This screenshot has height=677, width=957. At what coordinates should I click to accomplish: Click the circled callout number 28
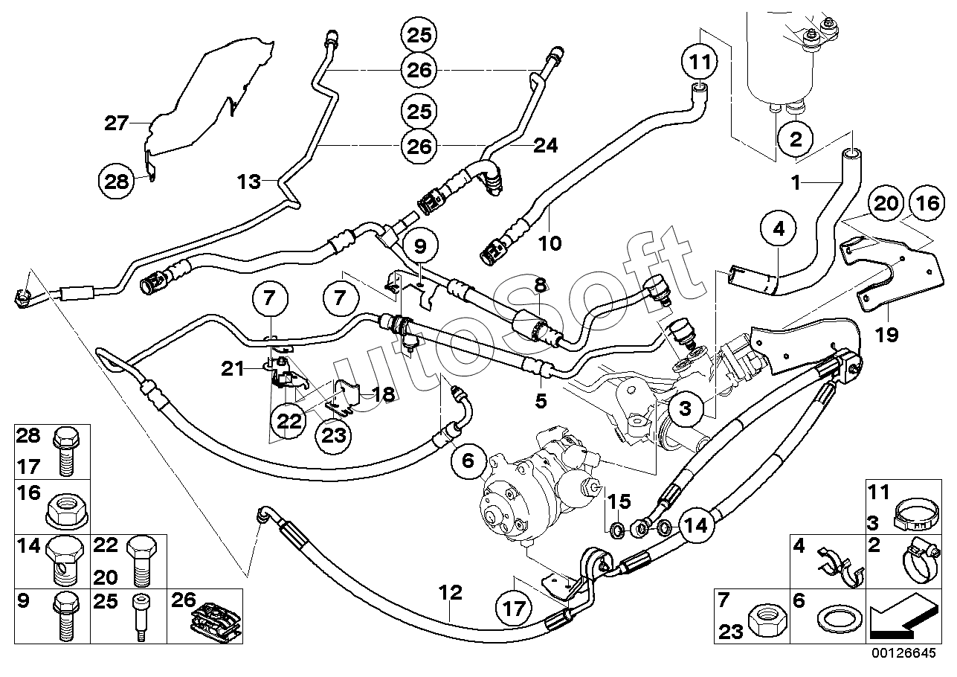(x=116, y=182)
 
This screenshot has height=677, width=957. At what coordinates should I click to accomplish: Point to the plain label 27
(x=116, y=123)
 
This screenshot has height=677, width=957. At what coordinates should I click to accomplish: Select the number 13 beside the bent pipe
(x=248, y=182)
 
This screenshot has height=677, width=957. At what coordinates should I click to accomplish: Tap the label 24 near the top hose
(x=546, y=146)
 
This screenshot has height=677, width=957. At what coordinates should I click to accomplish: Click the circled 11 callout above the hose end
(x=700, y=62)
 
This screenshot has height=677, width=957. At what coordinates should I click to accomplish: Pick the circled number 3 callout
(x=685, y=408)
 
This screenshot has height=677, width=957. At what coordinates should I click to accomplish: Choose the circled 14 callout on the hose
(x=697, y=525)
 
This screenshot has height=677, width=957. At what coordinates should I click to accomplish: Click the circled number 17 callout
(x=514, y=609)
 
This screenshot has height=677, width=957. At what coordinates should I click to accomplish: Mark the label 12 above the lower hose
(x=451, y=592)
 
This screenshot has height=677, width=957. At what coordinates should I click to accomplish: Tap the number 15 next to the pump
(x=619, y=501)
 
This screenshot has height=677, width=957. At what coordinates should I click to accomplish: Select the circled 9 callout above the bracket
(x=420, y=246)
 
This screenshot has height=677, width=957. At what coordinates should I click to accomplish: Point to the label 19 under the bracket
(x=887, y=335)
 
